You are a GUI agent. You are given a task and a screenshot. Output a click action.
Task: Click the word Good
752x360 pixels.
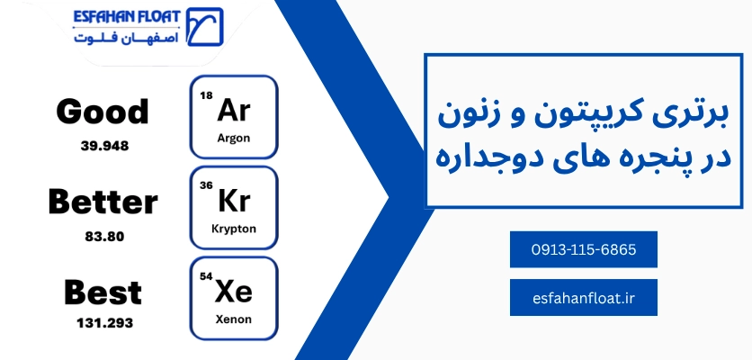102,112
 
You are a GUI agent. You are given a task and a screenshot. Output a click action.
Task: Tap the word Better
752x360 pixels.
103,202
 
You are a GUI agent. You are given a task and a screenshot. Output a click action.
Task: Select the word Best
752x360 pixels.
103,292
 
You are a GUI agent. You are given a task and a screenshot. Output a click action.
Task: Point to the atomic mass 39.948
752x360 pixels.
103,145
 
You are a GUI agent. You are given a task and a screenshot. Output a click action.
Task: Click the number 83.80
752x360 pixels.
103,236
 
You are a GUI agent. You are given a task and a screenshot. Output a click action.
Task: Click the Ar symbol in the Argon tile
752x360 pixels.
235,110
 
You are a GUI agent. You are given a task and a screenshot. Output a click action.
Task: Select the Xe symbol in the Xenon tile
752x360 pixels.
235,291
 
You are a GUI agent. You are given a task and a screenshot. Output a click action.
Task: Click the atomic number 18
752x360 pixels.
206,94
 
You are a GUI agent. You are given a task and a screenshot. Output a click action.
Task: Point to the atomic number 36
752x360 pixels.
206,184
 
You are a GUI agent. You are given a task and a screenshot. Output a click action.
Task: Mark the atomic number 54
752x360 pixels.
206,275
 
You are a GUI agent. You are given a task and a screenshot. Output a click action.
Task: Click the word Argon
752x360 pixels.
234,139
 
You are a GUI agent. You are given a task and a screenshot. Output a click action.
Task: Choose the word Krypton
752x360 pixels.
234,229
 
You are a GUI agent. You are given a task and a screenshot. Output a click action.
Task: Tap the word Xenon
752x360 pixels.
234,319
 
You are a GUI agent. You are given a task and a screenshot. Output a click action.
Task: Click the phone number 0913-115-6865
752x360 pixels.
583,250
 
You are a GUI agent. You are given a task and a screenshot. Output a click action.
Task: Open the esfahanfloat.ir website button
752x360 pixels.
583,298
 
